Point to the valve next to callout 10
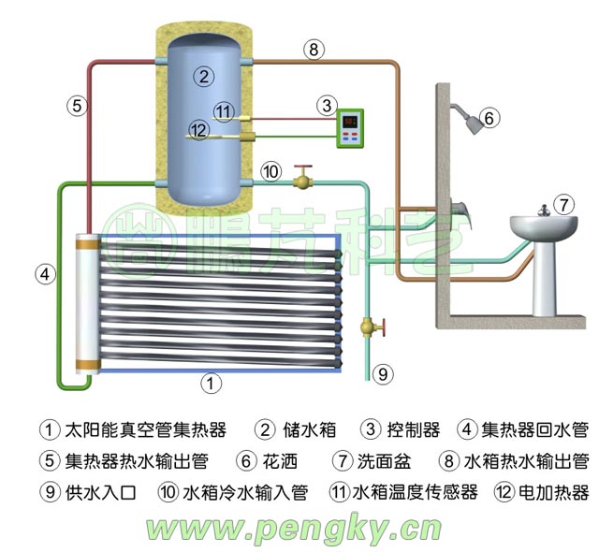302,177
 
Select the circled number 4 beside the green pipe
43,274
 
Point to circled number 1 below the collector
212,383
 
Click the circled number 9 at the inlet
382,374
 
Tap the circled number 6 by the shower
491,119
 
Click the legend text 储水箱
307,430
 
